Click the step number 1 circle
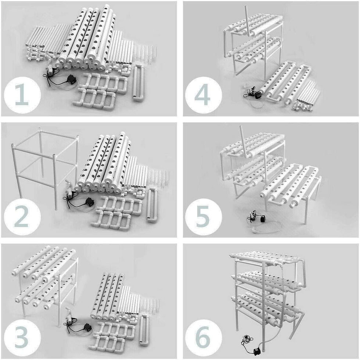(22, 95)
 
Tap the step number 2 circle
(22, 216)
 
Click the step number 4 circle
(203, 95)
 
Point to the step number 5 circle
(203, 216)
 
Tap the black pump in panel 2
(89, 202)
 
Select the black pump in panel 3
(88, 327)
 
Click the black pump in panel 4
(258, 95)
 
